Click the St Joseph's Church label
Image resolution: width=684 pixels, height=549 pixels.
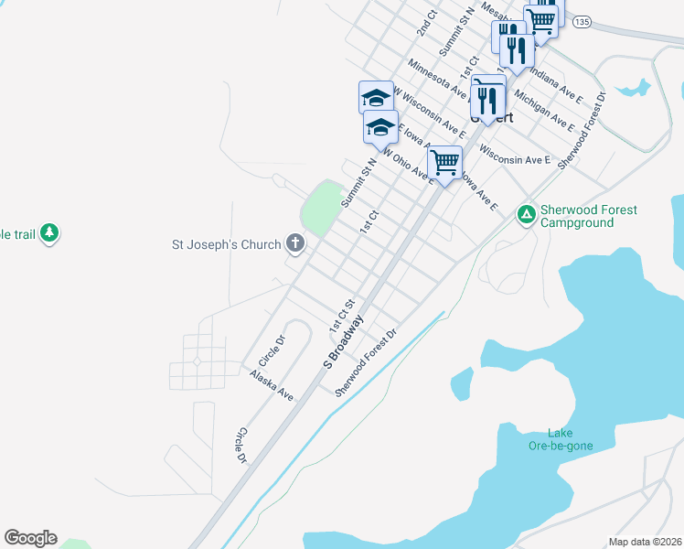[x=228, y=244]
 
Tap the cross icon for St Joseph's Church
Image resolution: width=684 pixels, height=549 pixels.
[x=294, y=243]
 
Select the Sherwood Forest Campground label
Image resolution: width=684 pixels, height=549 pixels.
[x=588, y=216]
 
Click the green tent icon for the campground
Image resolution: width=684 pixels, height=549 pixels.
[x=526, y=215]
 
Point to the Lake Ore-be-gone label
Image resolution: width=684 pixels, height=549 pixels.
[x=571, y=439]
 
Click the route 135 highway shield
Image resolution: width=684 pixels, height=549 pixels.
[x=583, y=21]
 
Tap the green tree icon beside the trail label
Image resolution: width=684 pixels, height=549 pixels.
[x=49, y=234]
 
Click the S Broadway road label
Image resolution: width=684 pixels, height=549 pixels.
[x=343, y=342]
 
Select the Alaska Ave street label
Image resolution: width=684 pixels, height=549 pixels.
[x=273, y=385]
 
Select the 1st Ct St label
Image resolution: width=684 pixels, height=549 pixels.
[x=341, y=316]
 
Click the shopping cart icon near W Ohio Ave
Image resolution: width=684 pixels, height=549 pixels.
[x=444, y=162]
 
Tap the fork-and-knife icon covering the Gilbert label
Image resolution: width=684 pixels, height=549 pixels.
[x=488, y=95]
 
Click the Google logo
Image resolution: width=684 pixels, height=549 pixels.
[x=30, y=538]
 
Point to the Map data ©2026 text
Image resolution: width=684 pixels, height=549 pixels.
[x=645, y=542]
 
